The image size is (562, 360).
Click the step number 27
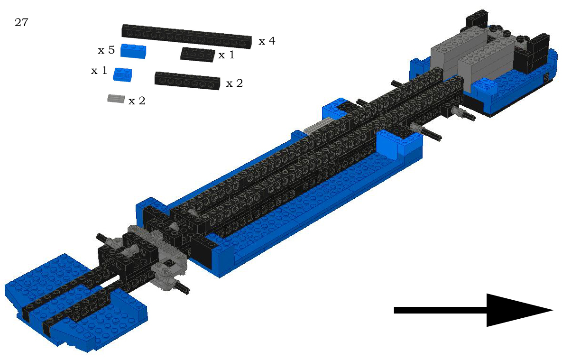(x=21, y=23)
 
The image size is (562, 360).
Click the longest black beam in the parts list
(x=187, y=37)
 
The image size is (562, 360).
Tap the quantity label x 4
(x=267, y=41)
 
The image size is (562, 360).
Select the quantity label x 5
(x=106, y=50)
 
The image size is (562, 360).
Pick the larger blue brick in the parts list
(x=133, y=51)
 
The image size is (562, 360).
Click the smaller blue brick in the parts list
(x=122, y=74)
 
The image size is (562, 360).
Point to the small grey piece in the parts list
(x=116, y=99)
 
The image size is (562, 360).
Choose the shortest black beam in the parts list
(x=198, y=54)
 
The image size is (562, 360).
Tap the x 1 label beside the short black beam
(x=227, y=55)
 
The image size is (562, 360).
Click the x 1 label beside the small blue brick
(x=99, y=71)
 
